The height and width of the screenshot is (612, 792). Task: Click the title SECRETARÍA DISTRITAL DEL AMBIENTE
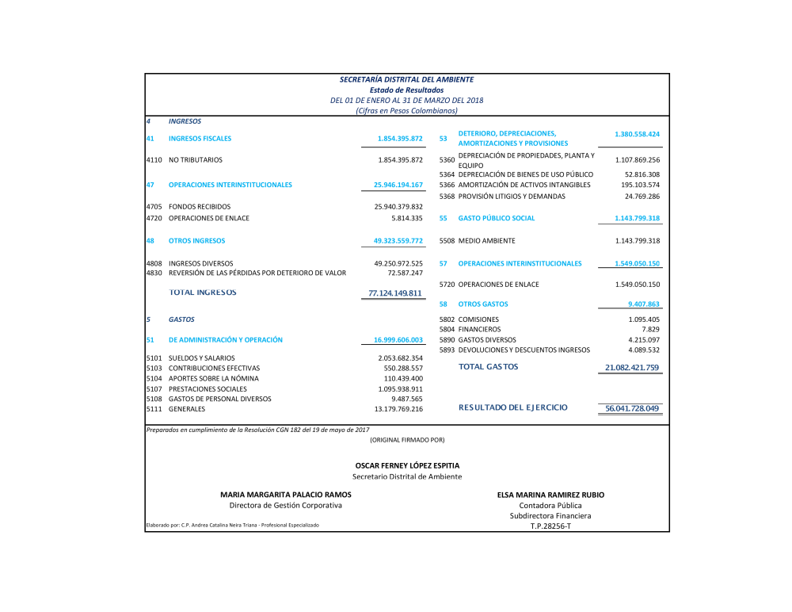406,79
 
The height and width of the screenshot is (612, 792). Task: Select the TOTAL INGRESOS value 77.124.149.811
396,293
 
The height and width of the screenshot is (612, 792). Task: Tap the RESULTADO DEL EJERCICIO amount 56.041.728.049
632,408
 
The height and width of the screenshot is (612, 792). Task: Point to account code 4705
154,207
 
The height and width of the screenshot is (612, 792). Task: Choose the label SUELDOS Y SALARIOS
202,358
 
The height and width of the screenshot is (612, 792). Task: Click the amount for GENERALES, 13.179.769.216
398,409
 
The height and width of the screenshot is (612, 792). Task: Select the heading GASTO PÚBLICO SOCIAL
497,218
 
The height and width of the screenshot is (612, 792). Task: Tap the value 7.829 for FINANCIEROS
650,329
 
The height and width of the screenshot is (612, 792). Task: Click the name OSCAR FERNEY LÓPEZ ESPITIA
407,465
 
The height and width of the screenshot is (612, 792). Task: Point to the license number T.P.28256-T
550,526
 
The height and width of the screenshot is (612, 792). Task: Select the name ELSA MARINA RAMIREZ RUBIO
550,494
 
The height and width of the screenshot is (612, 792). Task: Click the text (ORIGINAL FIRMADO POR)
407,439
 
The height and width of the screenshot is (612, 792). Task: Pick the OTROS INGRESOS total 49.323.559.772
398,240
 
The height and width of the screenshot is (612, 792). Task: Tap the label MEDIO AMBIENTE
487,240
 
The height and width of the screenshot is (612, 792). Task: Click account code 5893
447,350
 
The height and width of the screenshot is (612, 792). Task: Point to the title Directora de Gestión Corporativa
286,505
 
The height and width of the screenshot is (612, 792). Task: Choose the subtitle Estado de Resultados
406,90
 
